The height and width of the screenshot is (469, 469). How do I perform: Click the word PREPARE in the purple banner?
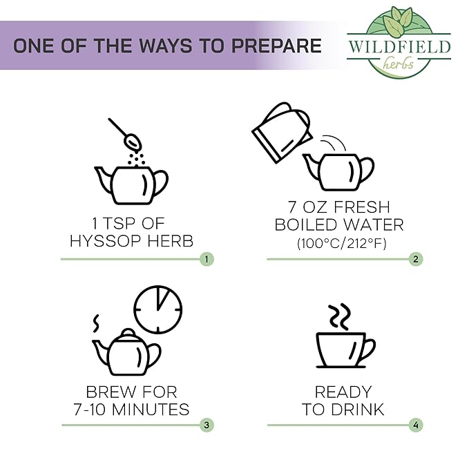(x=276, y=46)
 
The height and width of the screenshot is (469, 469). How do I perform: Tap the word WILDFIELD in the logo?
(x=399, y=46)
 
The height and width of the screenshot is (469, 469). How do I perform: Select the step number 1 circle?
(x=207, y=259)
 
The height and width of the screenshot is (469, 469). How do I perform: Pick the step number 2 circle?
(x=416, y=259)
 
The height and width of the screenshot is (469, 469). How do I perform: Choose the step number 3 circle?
(x=207, y=425)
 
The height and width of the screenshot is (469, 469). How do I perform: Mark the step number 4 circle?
(x=416, y=425)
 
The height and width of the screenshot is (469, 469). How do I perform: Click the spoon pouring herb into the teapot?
(x=126, y=134)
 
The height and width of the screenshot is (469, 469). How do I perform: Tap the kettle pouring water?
(x=282, y=133)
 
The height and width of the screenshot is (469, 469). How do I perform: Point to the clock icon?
(x=157, y=309)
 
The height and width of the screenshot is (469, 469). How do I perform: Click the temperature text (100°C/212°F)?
(x=342, y=243)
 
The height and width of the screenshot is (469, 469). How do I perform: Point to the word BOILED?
(x=306, y=224)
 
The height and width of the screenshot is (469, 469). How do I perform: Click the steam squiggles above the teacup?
(x=340, y=317)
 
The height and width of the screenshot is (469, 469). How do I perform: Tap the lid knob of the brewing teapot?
(x=128, y=332)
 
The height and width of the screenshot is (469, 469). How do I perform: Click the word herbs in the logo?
(x=399, y=64)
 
